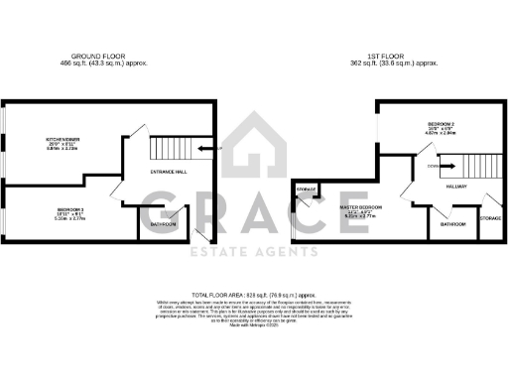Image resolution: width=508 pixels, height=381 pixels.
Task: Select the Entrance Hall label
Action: tap(166, 172)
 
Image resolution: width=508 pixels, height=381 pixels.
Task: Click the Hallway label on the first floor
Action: tap(456, 185)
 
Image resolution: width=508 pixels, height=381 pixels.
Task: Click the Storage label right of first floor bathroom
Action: tap(490, 217)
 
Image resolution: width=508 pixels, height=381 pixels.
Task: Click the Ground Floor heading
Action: tap(96, 56)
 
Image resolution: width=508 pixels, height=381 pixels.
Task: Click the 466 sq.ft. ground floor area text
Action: tap(96, 63)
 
